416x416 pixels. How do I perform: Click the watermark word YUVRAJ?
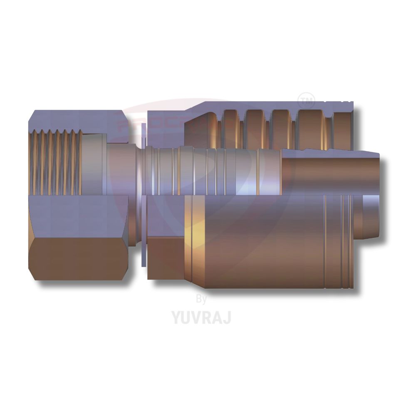click(201, 317)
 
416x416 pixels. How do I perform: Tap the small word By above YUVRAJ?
click(201, 299)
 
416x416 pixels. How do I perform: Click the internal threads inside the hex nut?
click(56, 162)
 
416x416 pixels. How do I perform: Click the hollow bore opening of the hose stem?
click(333, 175)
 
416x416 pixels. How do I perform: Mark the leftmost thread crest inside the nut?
click(33, 162)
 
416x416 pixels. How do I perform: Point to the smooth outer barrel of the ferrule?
click(266, 241)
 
